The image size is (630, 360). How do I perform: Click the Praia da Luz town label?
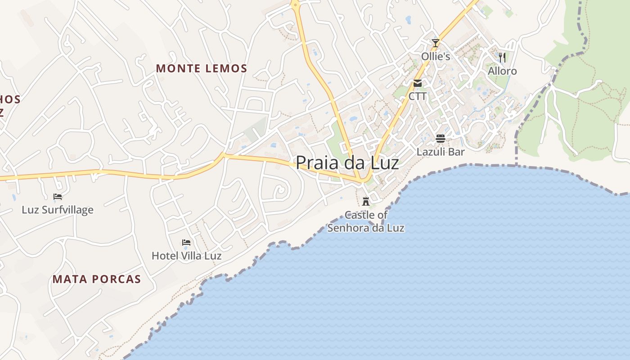click(347, 163)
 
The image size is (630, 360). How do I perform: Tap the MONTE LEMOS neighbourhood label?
click(202, 68)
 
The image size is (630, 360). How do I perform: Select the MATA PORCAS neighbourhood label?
click(97, 279)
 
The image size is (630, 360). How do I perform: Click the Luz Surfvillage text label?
click(58, 210)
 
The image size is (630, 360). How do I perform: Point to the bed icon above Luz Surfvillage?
click(58, 197)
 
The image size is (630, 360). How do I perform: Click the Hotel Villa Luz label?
click(186, 256)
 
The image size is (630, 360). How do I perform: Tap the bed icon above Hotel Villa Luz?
click(186, 243)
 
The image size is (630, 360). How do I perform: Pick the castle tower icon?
click(366, 201)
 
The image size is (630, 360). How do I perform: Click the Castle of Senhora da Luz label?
click(366, 221)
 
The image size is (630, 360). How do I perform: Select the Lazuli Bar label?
click(440, 152)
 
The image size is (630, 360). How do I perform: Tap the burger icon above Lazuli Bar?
click(440, 139)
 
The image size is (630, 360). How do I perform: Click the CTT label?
click(418, 96)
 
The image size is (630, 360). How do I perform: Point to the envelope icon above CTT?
click(418, 83)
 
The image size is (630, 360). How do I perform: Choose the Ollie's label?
click(435, 56)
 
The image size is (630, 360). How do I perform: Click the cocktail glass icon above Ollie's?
click(435, 43)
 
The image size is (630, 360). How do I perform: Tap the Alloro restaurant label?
click(502, 71)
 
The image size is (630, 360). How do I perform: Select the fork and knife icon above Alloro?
click(502, 57)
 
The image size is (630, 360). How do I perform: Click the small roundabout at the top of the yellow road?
click(295, 4)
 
